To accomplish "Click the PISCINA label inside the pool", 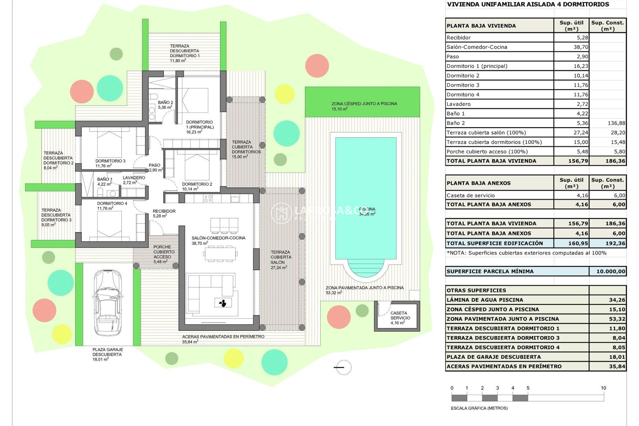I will [x=367, y=209].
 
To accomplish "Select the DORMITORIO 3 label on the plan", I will [x=110, y=161].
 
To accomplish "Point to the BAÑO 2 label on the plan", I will [x=165, y=103].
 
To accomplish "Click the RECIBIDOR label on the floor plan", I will [x=164, y=211].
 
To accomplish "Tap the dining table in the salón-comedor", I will [x=220, y=254].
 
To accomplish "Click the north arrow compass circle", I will [x=343, y=367].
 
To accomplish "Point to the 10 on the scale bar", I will [x=603, y=388].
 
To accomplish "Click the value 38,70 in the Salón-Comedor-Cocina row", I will [x=580, y=47].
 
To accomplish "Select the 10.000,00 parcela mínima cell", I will [x=610, y=272].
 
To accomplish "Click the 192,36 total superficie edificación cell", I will [x=615, y=243].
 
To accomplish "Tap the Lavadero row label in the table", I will [x=459, y=104].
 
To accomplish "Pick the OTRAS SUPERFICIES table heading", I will [x=476, y=291].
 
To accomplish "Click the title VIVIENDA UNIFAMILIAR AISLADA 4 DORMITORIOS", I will [x=528, y=4].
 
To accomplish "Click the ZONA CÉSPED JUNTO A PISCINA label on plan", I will [x=364, y=104].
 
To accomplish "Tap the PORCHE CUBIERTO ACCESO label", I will [x=162, y=252].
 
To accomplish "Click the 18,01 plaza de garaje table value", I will [x=616, y=357].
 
